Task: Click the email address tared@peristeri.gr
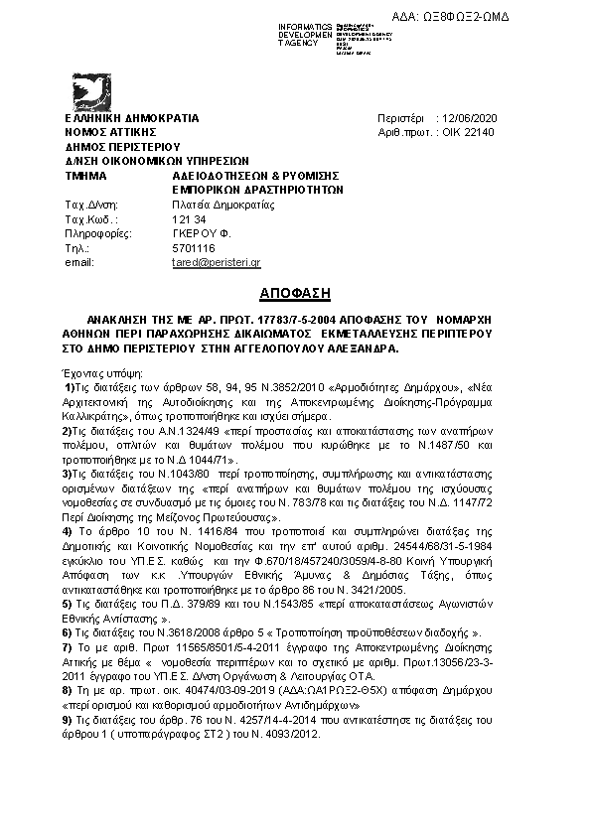(x=216, y=262)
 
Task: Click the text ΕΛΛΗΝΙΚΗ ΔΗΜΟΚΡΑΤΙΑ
(x=132, y=118)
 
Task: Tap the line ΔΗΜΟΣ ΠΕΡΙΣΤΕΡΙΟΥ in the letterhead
(x=115, y=145)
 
